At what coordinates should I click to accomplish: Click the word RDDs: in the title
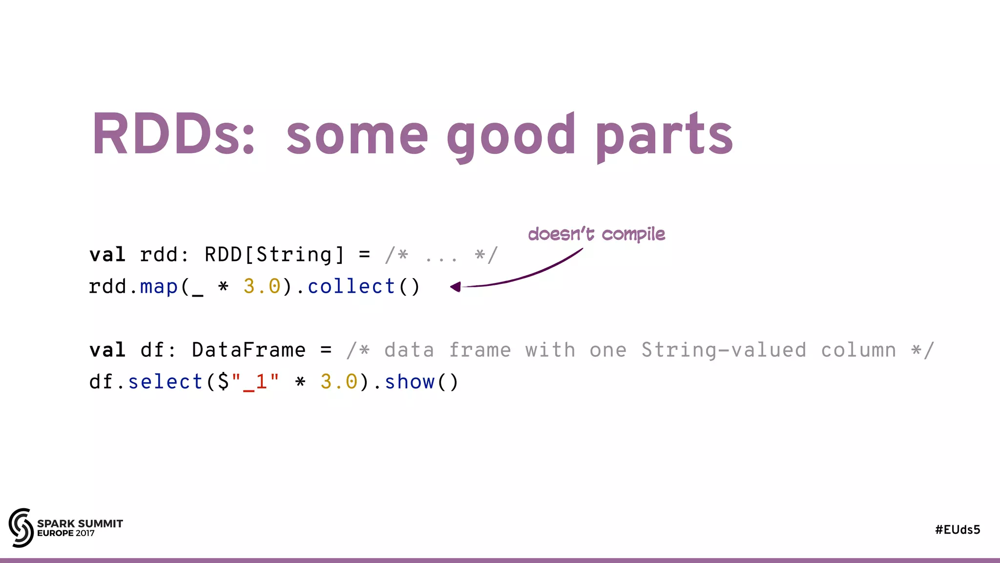(x=173, y=134)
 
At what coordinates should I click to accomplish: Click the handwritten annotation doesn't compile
(x=596, y=234)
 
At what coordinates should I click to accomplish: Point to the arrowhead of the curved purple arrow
(x=456, y=287)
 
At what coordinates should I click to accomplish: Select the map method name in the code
(x=159, y=287)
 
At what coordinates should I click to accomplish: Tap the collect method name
(x=351, y=287)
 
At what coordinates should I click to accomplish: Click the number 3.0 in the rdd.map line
(x=262, y=287)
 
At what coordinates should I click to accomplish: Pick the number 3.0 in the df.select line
(x=339, y=382)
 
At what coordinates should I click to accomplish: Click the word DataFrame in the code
(x=249, y=350)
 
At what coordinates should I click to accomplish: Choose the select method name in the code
(x=166, y=382)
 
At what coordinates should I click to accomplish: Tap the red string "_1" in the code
(x=255, y=382)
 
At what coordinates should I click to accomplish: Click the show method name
(x=410, y=382)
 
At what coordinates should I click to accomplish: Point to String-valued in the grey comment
(x=723, y=350)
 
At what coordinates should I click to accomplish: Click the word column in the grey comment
(x=858, y=350)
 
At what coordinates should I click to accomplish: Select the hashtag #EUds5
(x=958, y=530)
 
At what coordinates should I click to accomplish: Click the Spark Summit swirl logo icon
(x=21, y=528)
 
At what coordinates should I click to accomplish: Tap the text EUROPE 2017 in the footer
(x=66, y=533)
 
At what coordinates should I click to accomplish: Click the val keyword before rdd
(x=107, y=255)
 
